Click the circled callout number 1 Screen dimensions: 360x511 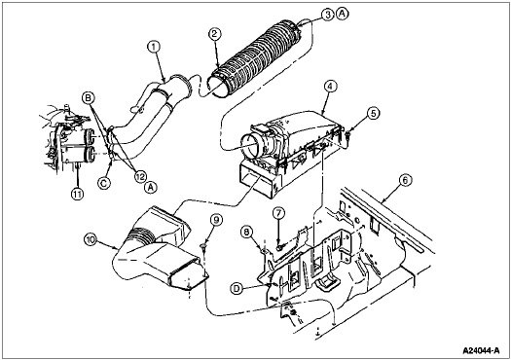pyautogui.click(x=153, y=45)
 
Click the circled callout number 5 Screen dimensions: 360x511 pyautogui.click(x=373, y=113)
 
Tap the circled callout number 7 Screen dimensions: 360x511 pyautogui.click(x=277, y=214)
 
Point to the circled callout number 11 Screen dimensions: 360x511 pyautogui.click(x=76, y=193)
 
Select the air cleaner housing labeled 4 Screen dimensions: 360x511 pyautogui.click(x=292, y=136)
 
